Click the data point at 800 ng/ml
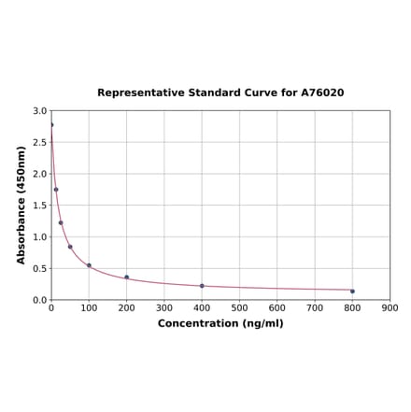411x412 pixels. [352, 291]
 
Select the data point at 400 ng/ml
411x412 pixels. [202, 286]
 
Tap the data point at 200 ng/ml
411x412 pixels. [127, 277]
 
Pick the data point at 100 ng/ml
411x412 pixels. [89, 265]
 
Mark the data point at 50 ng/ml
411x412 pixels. [70, 247]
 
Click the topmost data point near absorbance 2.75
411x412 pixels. [51, 125]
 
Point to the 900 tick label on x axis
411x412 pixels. [390, 307]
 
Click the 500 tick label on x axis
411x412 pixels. [239, 307]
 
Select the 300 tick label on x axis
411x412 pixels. [164, 307]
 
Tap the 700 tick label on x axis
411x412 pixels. [315, 307]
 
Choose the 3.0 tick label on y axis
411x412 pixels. [40, 111]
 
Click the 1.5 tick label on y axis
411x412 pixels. [40, 206]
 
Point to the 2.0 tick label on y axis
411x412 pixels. [40, 174]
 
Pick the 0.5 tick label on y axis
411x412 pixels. [40, 268]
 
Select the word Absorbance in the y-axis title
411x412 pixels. [21, 230]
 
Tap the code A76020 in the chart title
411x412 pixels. [322, 93]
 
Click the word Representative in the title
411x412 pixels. [135, 93]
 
